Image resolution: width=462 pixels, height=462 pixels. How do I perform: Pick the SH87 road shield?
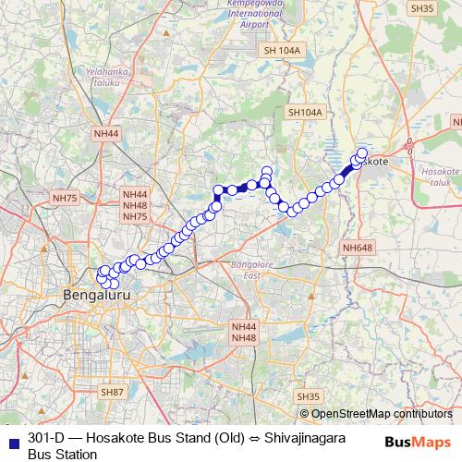(113, 392)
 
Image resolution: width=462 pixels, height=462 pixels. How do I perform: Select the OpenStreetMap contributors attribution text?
(382, 414)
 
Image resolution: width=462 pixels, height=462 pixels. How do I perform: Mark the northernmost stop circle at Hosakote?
(362, 153)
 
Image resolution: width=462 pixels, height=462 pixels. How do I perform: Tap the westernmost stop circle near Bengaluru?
(102, 275)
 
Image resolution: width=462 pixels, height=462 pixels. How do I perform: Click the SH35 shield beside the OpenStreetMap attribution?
(310, 395)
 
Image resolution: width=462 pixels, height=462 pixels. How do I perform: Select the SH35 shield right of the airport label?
(421, 8)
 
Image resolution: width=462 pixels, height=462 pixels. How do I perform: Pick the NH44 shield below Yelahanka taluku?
(106, 133)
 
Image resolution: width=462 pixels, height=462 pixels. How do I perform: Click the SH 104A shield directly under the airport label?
(283, 50)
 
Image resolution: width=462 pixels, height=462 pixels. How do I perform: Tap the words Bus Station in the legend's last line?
(62, 454)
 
